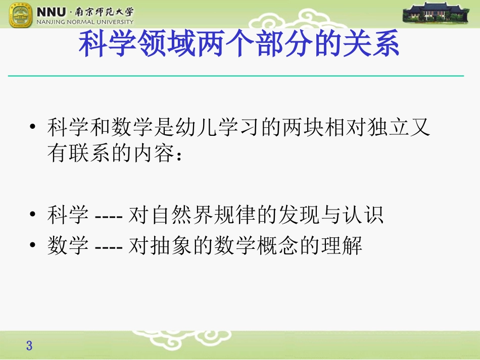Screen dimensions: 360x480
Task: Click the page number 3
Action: tap(29, 346)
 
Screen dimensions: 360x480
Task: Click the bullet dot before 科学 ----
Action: tap(33, 216)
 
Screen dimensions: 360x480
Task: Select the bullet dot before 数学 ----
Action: tap(33, 247)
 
